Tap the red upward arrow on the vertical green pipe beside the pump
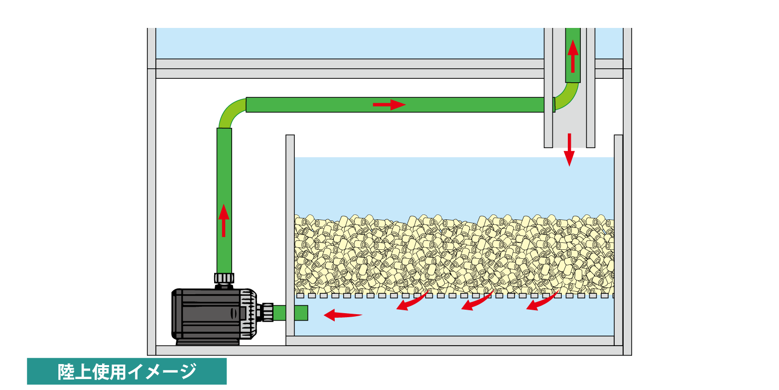(x=224, y=220)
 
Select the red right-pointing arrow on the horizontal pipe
(x=389, y=105)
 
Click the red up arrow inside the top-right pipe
(x=573, y=55)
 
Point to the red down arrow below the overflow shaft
(x=569, y=150)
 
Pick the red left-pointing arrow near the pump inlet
(x=342, y=315)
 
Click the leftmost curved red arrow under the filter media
(x=411, y=301)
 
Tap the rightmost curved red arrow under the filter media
(x=541, y=301)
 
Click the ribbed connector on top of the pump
(x=224, y=278)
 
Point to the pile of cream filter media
(x=453, y=254)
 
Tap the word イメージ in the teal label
(x=161, y=372)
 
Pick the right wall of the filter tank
(x=618, y=239)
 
